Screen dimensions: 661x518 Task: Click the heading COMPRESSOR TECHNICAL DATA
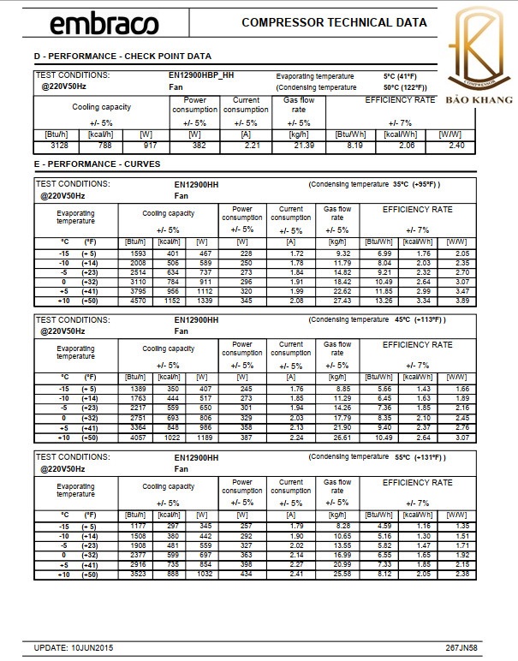[x=335, y=22]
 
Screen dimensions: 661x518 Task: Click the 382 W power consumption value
[x=195, y=146]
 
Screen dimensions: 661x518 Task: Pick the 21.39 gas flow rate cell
[x=304, y=146]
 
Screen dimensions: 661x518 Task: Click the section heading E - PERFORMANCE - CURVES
[x=97, y=164]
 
